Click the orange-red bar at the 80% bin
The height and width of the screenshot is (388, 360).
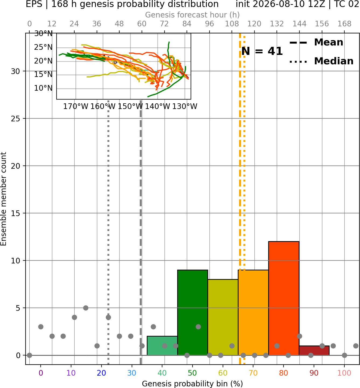(x=284, y=298)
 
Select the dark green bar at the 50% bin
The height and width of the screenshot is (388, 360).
(x=193, y=312)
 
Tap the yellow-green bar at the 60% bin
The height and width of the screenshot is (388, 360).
(x=223, y=317)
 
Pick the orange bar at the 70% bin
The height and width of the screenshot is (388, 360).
(x=253, y=312)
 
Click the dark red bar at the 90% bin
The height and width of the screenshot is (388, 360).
(x=314, y=350)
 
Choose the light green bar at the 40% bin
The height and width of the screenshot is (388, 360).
(x=162, y=345)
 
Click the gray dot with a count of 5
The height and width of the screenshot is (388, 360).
(x=86, y=308)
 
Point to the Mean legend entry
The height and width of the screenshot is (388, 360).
(x=316, y=43)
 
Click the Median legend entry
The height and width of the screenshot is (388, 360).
(x=321, y=61)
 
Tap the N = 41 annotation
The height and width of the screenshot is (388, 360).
(x=262, y=51)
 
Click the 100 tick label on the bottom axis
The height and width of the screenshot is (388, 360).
(x=344, y=373)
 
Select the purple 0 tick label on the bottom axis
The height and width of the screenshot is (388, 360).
(x=41, y=373)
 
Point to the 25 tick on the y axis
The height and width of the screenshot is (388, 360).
(x=16, y=119)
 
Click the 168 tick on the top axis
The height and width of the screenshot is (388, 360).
(x=344, y=24)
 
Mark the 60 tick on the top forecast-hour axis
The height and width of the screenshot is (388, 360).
(x=142, y=24)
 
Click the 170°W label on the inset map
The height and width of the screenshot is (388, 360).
(x=75, y=107)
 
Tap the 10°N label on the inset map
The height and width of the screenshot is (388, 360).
(x=43, y=88)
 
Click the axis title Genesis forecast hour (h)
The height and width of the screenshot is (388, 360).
(x=193, y=15)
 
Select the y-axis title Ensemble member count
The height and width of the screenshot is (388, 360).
(x=3, y=199)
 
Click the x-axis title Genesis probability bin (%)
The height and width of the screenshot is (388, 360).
(x=193, y=384)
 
